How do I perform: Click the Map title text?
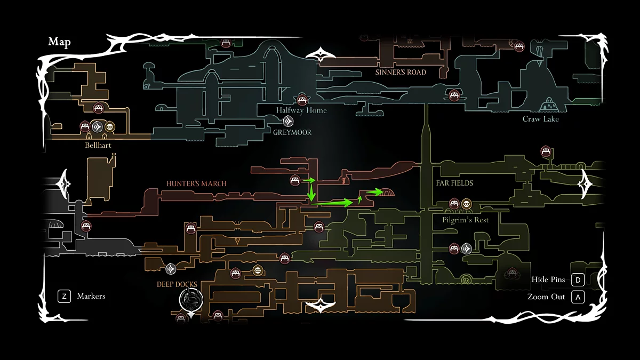pos(60,42)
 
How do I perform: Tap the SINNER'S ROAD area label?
pos(401,72)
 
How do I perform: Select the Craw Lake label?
pos(540,119)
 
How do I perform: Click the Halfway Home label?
pos(301,110)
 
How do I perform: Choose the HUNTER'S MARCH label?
pos(196,183)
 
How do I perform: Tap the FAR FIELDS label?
pos(454,183)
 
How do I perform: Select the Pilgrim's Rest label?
pos(465,220)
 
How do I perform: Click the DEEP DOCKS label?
pos(177,284)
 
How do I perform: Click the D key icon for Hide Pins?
pos(578,279)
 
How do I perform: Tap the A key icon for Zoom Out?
pos(578,297)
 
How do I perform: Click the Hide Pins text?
pos(548,279)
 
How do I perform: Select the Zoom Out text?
pos(546,297)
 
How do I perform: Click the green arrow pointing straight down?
pos(311,192)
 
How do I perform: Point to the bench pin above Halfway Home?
pos(302,99)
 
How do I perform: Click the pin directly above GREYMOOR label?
pos(289,121)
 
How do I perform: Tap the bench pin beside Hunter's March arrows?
pos(295,181)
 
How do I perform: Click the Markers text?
pos(91,296)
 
